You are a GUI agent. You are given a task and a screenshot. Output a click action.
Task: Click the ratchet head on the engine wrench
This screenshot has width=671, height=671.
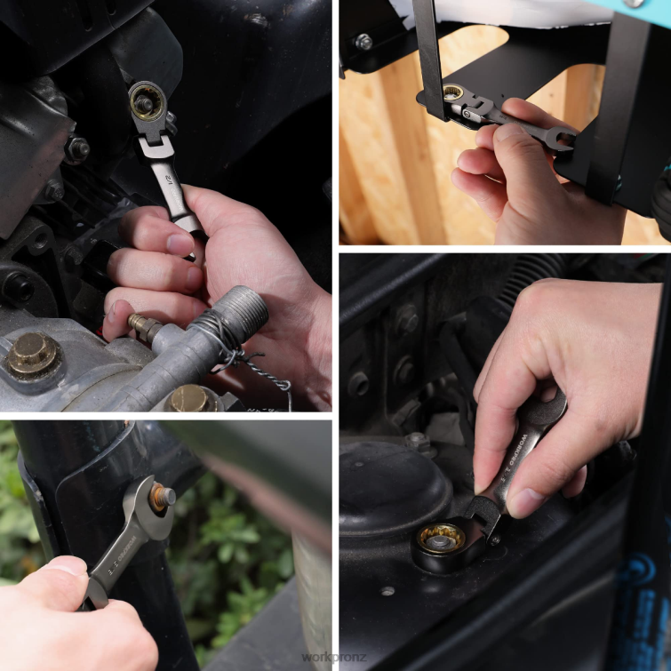click(x=146, y=102)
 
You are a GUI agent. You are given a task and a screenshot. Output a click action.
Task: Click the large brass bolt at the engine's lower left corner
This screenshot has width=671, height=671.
click(x=34, y=355)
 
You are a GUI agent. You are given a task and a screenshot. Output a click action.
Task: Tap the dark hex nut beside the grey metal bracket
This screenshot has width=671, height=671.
click(x=77, y=149)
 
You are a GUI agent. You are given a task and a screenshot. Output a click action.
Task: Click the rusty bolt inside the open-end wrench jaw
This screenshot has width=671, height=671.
click(x=162, y=496)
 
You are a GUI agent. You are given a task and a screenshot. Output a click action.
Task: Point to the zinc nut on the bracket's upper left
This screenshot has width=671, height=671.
click(x=363, y=42)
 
